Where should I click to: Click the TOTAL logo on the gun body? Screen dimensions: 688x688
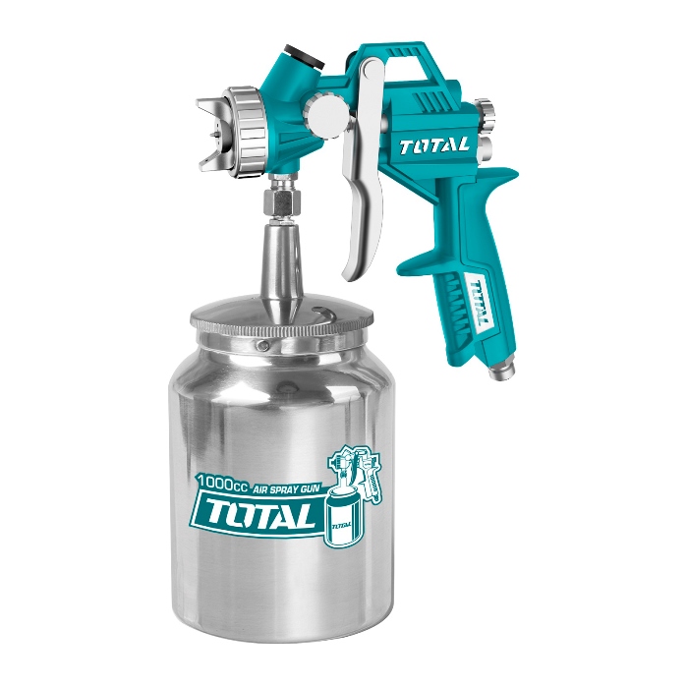click(x=434, y=146)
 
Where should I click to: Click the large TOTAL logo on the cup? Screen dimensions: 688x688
click(x=258, y=513)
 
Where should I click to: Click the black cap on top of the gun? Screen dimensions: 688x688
click(x=304, y=56)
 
